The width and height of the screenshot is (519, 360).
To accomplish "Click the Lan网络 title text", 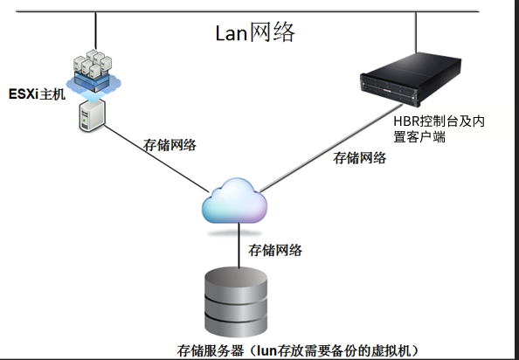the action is tap(255, 32).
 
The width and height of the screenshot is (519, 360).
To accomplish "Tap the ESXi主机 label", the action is tap(37, 94).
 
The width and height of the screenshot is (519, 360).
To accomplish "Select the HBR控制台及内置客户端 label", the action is tap(439, 129).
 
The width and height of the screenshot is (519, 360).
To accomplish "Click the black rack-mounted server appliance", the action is tap(411, 79).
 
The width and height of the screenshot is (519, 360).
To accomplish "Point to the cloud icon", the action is tap(235, 201).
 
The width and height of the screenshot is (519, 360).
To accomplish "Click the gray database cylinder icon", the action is tap(236, 301).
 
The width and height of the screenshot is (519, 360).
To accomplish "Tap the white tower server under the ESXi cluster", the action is tap(92, 115).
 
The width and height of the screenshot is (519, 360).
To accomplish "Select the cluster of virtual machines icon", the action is tap(93, 73).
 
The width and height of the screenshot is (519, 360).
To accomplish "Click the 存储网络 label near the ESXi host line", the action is tap(170, 145).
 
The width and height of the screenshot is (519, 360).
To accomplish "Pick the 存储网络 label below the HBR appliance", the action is tap(359, 158).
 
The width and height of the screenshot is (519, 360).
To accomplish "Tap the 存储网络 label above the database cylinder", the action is tap(275, 250).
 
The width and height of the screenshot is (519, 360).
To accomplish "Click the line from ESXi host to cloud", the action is tap(157, 158).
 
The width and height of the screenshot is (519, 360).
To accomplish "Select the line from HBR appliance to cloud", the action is tap(331, 148).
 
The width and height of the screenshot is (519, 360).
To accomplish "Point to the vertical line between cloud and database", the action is tap(239, 246).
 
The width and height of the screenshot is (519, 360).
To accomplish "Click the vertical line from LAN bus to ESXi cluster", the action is tap(95, 31).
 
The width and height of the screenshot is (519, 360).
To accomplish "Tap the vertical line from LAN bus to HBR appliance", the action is tap(416, 32).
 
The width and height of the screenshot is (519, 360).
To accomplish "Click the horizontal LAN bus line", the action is tap(247, 11).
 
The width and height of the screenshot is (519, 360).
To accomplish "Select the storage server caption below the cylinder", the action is tap(298, 350).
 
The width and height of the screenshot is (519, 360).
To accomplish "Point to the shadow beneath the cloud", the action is tap(234, 233).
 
